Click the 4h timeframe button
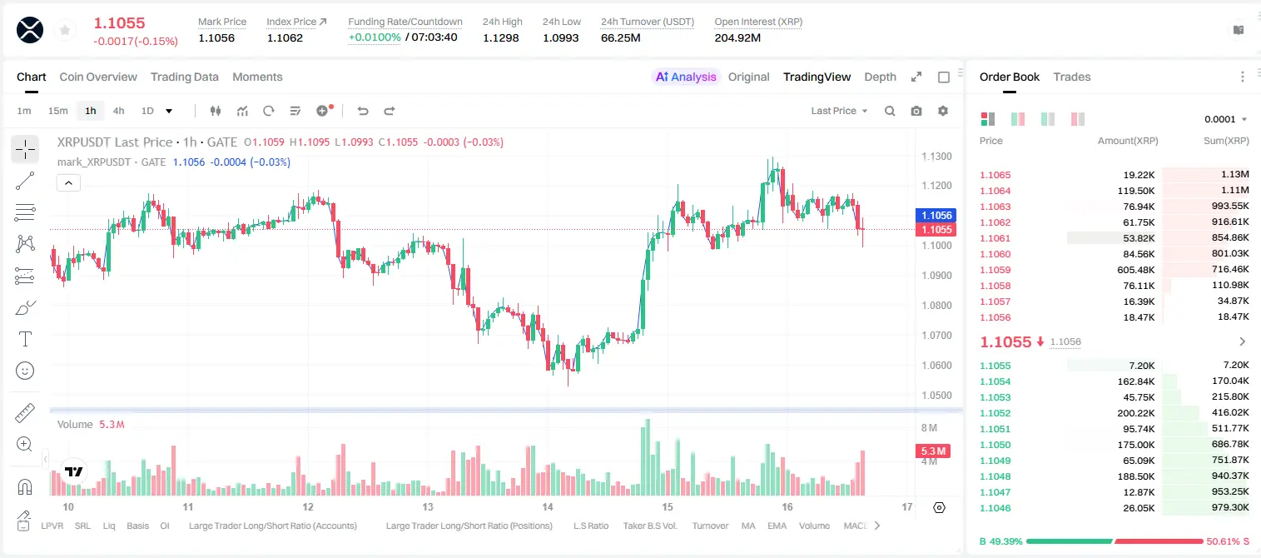(118, 111)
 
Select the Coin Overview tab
(98, 77)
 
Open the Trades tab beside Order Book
(1072, 77)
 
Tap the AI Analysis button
(686, 77)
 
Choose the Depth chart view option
(880, 77)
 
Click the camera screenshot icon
(916, 111)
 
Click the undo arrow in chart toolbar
(363, 111)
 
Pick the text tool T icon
(25, 339)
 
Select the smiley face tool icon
(25, 371)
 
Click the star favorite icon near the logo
(65, 30)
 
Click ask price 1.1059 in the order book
(995, 270)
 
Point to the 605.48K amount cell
(1135, 270)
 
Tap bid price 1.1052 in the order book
(995, 413)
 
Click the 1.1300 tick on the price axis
(936, 156)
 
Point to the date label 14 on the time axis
(547, 506)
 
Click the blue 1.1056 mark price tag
(936, 215)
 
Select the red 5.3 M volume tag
(933, 451)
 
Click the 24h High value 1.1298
(500, 37)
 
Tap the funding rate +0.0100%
(375, 37)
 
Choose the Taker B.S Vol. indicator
(649, 526)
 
